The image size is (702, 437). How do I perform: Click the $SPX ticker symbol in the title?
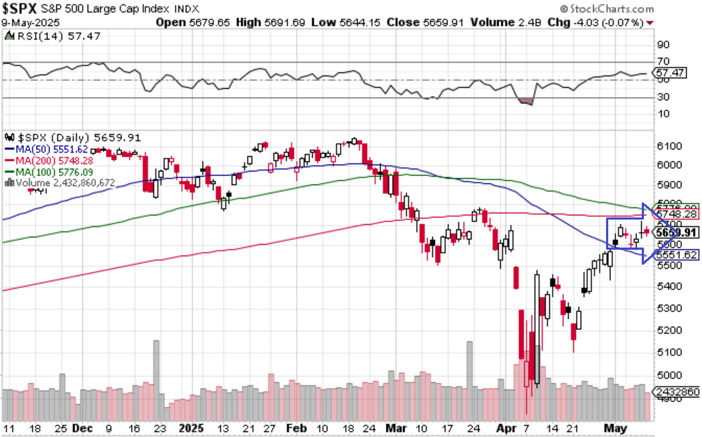pyautogui.click(x=19, y=8)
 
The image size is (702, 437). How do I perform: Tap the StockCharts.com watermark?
pyautogui.click(x=607, y=9)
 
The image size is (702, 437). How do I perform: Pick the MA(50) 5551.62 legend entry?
pyautogui.click(x=46, y=149)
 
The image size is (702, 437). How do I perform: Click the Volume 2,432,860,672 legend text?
pyautogui.click(x=60, y=183)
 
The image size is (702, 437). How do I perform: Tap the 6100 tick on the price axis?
pyautogui.click(x=669, y=146)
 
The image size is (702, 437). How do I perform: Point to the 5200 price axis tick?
pyautogui.click(x=669, y=330)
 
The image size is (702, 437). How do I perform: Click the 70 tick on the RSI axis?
pyautogui.click(x=663, y=61)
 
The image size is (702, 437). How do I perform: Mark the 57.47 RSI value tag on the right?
pyautogui.click(x=670, y=73)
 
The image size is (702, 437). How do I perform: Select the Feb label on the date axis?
pyautogui.click(x=296, y=428)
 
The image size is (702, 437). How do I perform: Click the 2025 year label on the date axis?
pyautogui.click(x=191, y=428)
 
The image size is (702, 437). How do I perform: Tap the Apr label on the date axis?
pyautogui.click(x=506, y=428)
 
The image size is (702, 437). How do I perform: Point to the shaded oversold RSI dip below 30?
pyautogui.click(x=526, y=102)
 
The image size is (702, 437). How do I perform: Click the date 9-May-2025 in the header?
pyautogui.click(x=30, y=22)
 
